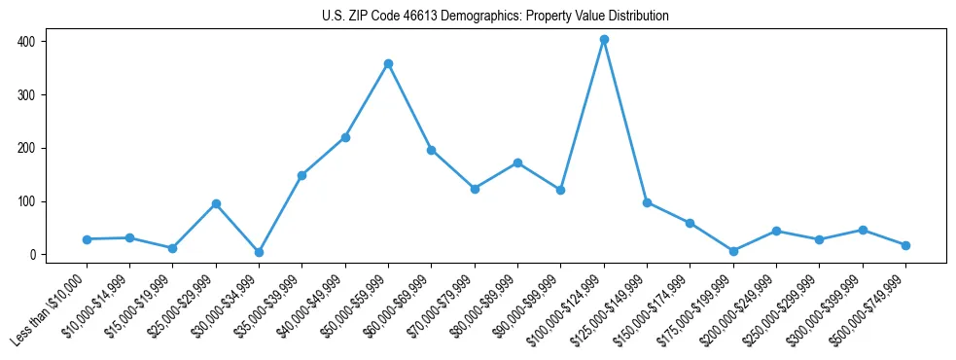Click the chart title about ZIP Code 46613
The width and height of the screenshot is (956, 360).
coord(495,17)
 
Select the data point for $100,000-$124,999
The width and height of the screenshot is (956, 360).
coord(604,40)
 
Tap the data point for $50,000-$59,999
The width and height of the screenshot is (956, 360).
coord(388,64)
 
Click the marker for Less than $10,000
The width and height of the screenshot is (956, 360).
coord(87,239)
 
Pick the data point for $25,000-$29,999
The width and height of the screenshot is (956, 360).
coord(216,204)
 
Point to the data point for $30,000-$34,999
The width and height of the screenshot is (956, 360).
coord(259,252)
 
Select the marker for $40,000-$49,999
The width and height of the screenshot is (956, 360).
coord(345,138)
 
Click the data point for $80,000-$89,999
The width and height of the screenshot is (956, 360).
coord(517,162)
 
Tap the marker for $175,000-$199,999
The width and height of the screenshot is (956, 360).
coord(733,251)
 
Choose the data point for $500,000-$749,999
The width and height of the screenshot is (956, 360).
coord(905,245)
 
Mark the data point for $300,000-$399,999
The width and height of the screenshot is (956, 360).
coord(863,230)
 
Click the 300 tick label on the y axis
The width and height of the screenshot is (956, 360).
coord(32,95)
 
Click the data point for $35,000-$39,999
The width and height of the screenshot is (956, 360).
coord(301,176)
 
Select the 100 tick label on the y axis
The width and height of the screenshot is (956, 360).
coord(32,201)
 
